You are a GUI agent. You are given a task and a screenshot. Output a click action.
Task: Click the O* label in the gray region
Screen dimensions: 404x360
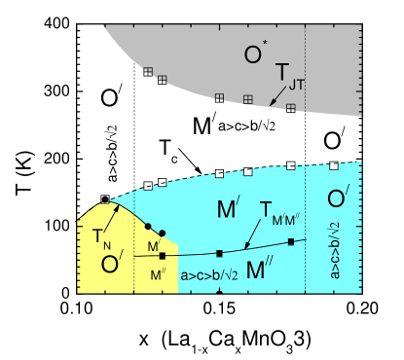[x=255, y=54]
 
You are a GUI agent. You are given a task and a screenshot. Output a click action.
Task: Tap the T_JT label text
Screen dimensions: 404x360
[x=289, y=76]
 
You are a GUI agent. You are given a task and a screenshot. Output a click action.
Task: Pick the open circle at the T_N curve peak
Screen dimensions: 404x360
[x=105, y=199]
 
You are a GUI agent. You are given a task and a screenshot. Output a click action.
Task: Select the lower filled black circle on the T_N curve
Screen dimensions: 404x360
[x=163, y=234]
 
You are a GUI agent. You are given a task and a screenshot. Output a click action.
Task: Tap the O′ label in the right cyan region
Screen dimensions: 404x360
[x=338, y=199]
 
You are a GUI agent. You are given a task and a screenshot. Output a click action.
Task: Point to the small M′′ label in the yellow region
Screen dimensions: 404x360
[x=158, y=275]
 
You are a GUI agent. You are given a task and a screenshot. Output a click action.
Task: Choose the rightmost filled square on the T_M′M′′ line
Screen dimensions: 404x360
[x=291, y=240]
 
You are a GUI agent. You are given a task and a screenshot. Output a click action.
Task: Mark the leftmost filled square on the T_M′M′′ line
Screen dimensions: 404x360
[x=163, y=256]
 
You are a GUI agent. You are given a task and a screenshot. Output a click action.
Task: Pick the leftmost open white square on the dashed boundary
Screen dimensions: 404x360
[x=148, y=185]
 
